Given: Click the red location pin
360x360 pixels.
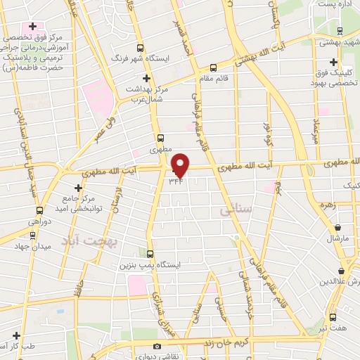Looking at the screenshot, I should (x=181, y=165).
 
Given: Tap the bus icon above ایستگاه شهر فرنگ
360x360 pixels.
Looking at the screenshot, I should (x=140, y=48).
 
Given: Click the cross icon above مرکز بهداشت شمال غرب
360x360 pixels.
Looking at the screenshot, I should (x=146, y=78).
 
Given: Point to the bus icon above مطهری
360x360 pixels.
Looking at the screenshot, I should (x=161, y=138).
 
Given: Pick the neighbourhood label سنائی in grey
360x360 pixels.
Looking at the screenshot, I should (x=235, y=210).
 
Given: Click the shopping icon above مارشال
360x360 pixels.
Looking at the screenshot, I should (x=340, y=229).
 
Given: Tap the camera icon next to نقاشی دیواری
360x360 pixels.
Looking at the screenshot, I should (x=156, y=347).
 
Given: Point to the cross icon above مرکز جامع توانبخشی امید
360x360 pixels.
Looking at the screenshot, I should (x=79, y=188).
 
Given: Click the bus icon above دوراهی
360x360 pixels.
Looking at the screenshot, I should (x=39, y=210).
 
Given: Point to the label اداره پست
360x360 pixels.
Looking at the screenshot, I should (x=337, y=4).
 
